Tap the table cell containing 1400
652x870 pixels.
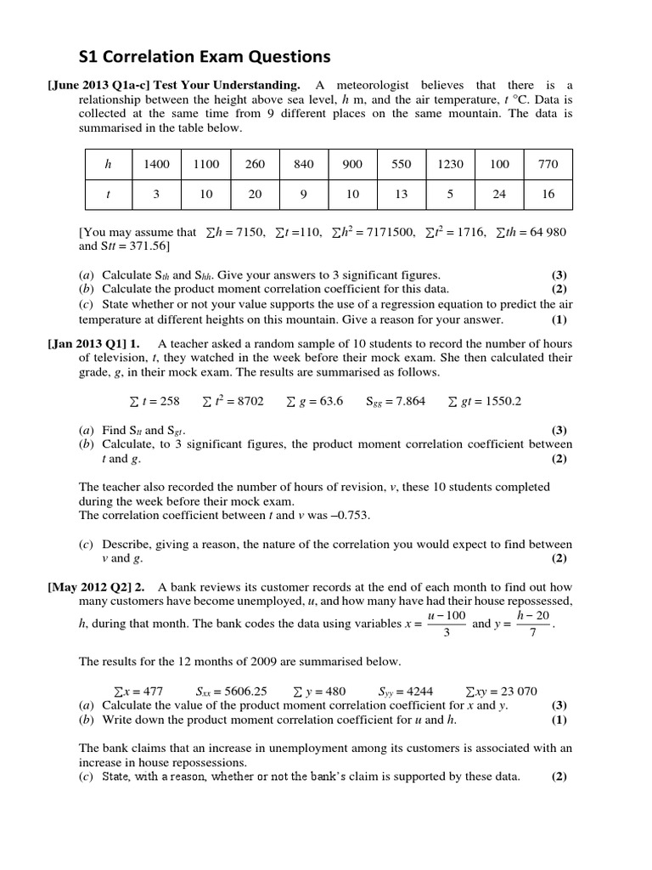point(157,165)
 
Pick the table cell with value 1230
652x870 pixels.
point(450,165)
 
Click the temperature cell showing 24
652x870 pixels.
point(499,194)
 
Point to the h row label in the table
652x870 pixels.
point(108,165)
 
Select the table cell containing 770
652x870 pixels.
point(548,165)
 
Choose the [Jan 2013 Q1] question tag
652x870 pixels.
point(85,343)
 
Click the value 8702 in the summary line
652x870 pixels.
point(245,401)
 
